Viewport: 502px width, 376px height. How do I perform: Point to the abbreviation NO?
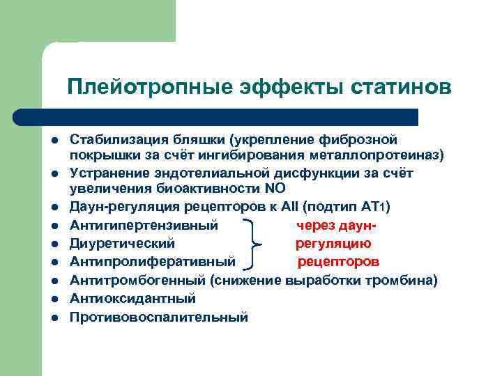point(275,189)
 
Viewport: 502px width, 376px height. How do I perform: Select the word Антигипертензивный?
point(144,225)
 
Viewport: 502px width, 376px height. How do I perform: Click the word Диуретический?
point(122,244)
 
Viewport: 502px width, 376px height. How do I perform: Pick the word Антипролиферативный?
point(153,262)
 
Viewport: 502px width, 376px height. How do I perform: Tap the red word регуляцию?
point(333,244)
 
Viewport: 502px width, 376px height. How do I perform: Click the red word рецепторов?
point(338,262)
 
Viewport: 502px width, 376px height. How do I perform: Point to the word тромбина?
point(402,280)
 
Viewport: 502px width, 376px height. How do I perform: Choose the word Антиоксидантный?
point(132,298)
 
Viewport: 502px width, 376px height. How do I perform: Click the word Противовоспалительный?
point(158,317)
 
